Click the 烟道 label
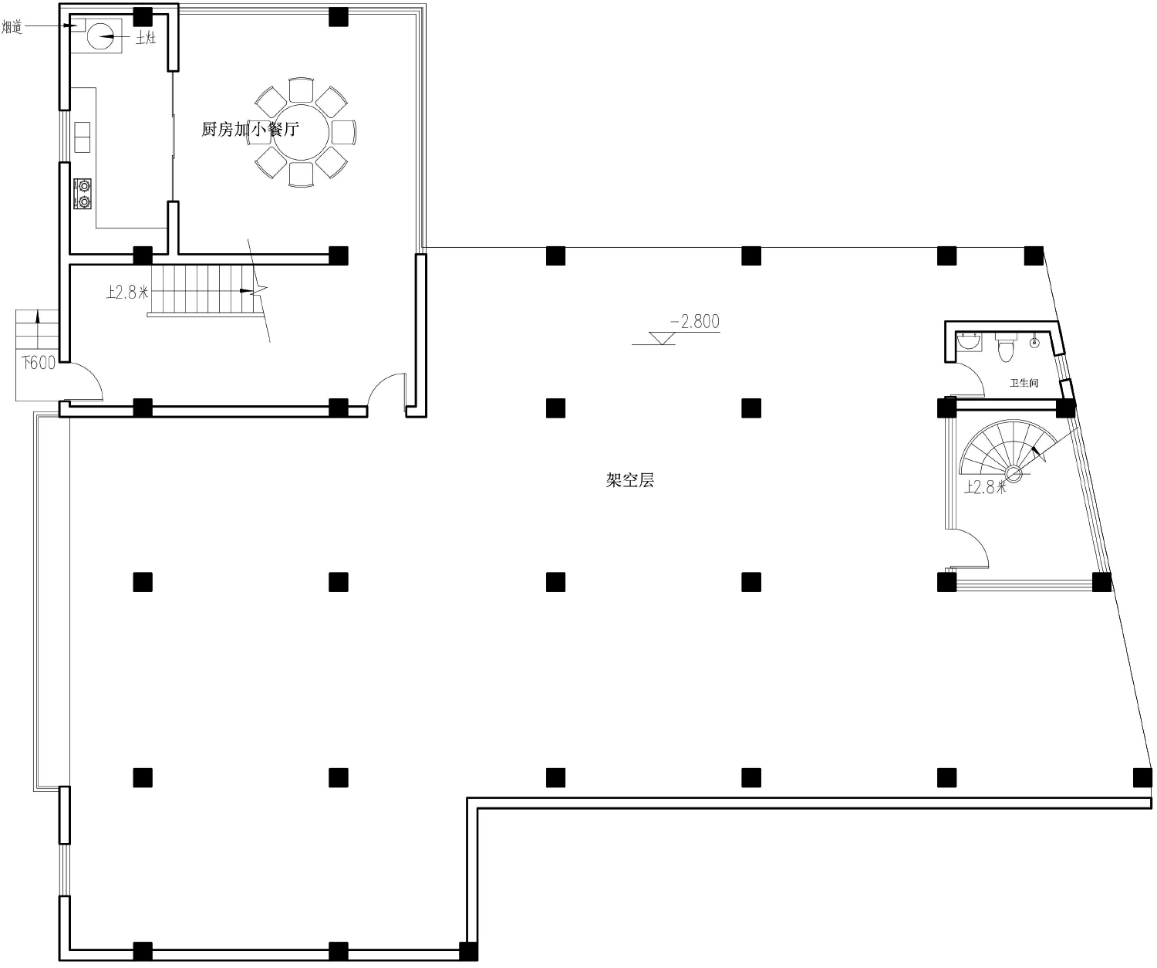[12, 26]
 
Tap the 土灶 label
[146, 38]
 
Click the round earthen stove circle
[100, 37]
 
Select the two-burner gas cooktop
[83, 194]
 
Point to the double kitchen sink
[82, 137]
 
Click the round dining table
[301, 132]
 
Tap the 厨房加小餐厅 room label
[250, 129]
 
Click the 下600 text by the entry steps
[39, 363]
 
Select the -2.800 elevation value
[695, 322]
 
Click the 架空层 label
[630, 480]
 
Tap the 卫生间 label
[1024, 383]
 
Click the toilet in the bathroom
[1006, 346]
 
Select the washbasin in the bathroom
[969, 341]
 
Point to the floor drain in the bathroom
[1034, 343]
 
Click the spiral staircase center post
[1014, 473]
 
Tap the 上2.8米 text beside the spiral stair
[985, 487]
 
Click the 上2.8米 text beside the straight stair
[127, 292]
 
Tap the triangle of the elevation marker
[662, 338]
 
